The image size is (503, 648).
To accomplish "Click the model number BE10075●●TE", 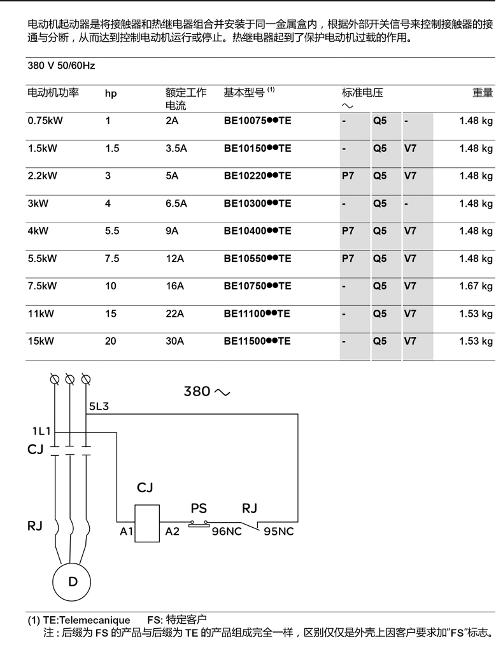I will point(257,121).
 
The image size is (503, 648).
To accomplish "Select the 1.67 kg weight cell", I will point(476,286).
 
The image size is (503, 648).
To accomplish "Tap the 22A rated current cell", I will point(174,314).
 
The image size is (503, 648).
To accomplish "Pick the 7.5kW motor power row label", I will point(43,286).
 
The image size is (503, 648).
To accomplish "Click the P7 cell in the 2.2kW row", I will point(348,176).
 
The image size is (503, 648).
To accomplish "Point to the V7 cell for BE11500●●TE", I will point(410,341).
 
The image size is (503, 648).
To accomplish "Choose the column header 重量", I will point(482,93).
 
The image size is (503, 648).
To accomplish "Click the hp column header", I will point(111,93).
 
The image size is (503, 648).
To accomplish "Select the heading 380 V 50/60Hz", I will point(61,65).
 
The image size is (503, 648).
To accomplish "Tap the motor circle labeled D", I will point(73,581).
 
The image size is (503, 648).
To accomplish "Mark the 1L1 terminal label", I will point(41,431).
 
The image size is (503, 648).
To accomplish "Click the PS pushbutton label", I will point(199,509).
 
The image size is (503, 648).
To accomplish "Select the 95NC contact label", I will point(278,531).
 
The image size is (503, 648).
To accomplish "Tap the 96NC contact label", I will point(227,531).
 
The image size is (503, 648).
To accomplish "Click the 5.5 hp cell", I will point(112,231).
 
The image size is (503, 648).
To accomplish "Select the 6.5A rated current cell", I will point(176,203).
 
